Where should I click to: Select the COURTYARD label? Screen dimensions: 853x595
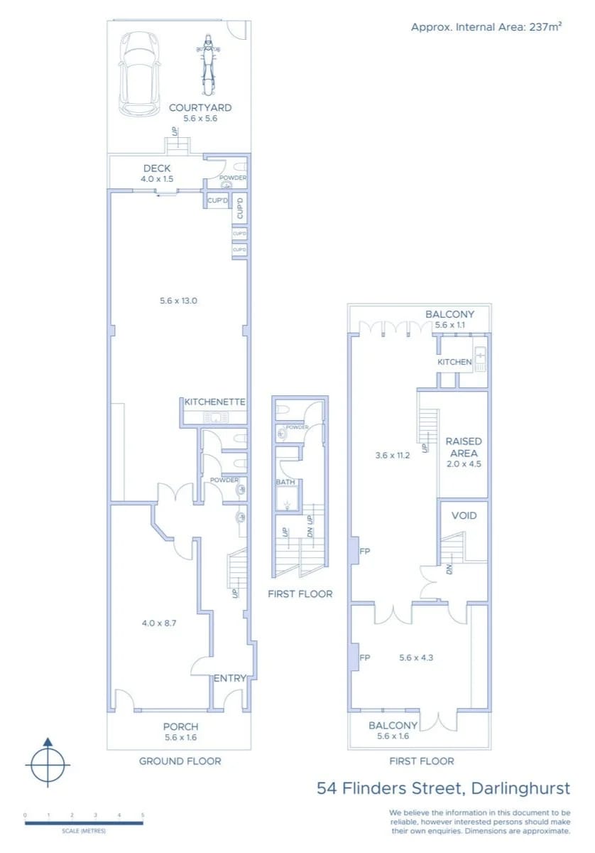[x=200, y=108]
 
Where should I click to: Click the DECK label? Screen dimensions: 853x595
[x=156, y=169]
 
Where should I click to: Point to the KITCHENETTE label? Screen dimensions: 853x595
[x=214, y=402]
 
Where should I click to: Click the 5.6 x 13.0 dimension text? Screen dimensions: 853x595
[x=178, y=301]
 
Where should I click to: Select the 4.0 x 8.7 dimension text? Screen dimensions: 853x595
[x=159, y=623]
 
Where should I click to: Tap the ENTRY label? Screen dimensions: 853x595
[x=229, y=678]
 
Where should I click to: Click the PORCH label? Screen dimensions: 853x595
[x=180, y=726]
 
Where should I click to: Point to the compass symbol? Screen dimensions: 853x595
[x=48, y=765]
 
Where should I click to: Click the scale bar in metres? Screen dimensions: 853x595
[x=84, y=823]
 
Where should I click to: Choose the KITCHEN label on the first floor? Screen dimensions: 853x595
[x=454, y=362]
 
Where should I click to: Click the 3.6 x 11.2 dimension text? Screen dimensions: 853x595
[x=393, y=456]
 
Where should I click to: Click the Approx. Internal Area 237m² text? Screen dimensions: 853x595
[x=486, y=27]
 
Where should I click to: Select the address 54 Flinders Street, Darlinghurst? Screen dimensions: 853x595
[x=443, y=788]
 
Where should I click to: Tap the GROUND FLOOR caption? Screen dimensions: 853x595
[x=180, y=761]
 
